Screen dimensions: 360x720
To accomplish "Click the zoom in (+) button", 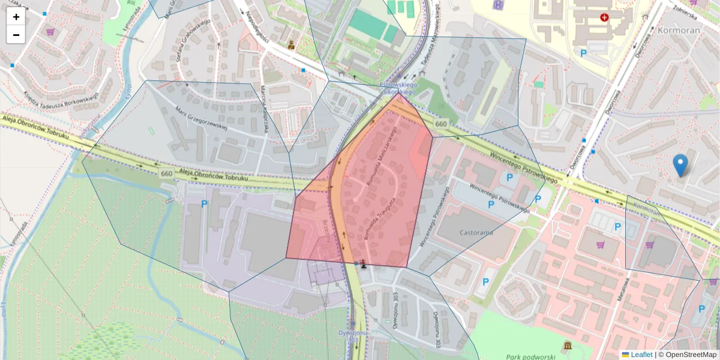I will tap(16, 17).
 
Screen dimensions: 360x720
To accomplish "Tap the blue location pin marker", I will tap(680, 165).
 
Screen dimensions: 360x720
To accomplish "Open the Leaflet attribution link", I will tap(641, 355).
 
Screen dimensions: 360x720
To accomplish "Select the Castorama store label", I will tap(476, 232).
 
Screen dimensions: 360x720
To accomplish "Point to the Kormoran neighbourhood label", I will tap(679, 29).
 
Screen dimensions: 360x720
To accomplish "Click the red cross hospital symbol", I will tap(604, 17).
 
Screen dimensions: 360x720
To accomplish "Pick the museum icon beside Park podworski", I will tap(568, 347).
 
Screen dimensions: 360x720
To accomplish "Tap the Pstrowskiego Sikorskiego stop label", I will tap(398, 89).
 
